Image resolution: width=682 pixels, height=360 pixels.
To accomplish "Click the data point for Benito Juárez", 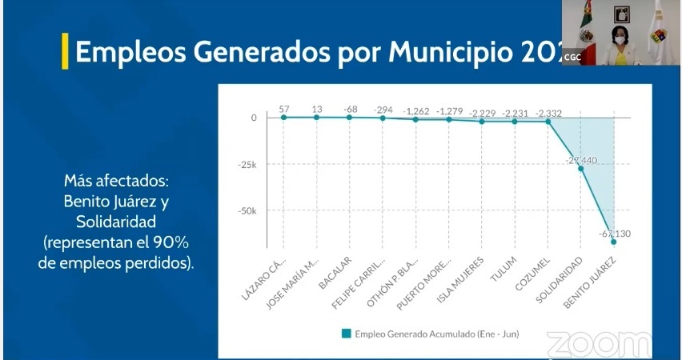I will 614,241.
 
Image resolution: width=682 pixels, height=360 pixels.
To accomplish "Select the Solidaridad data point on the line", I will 581,169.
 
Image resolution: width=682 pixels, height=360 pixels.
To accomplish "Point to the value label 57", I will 283,109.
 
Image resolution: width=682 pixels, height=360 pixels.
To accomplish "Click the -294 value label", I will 383,110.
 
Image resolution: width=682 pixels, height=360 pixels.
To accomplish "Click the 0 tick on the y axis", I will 254,118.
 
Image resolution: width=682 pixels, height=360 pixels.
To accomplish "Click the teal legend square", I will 346,334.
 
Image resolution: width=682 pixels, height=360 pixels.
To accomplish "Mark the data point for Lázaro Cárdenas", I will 283,117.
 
